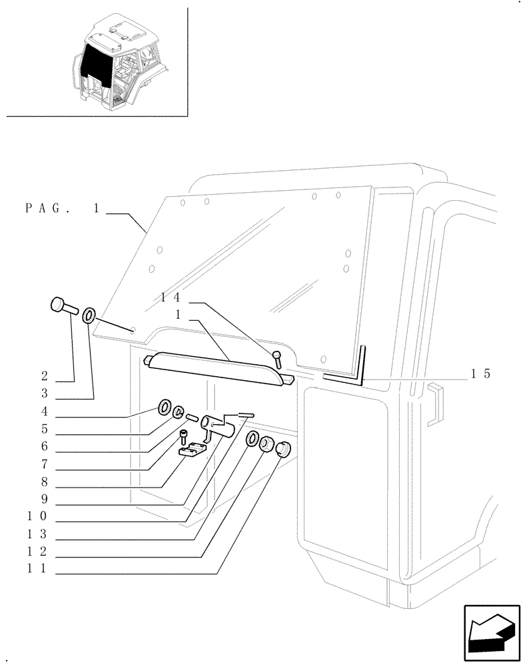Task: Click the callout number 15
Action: click(x=480, y=374)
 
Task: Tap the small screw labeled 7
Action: click(x=183, y=438)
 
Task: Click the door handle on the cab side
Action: click(x=432, y=404)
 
